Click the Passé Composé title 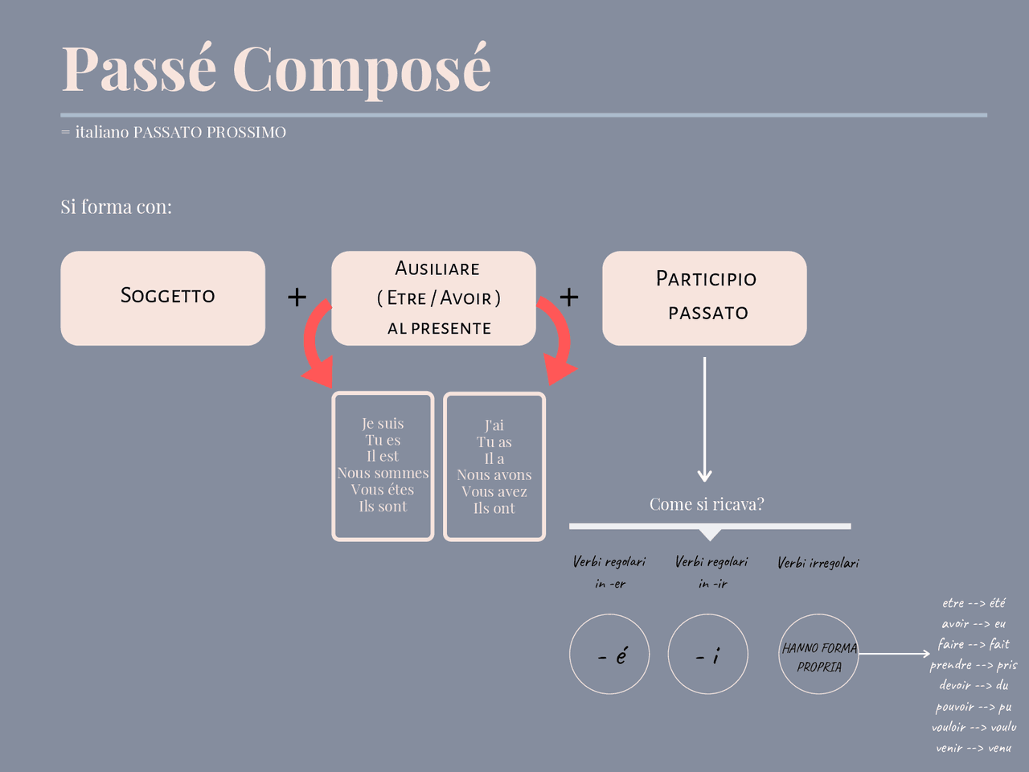pyautogui.click(x=276, y=69)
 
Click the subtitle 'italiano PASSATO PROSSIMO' pyautogui.click(x=180, y=133)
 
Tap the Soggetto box pyautogui.click(x=162, y=298)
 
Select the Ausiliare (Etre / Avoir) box pyautogui.click(x=434, y=298)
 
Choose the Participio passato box pyautogui.click(x=704, y=298)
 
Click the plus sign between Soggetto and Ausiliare pyautogui.click(x=297, y=298)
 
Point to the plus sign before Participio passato pyautogui.click(x=569, y=298)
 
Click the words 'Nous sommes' pyautogui.click(x=383, y=474)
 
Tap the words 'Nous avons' pyautogui.click(x=494, y=475)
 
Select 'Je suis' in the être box pyautogui.click(x=383, y=424)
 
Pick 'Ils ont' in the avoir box pyautogui.click(x=494, y=508)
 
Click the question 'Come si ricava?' pyautogui.click(x=707, y=504)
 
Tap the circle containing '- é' pyautogui.click(x=609, y=654)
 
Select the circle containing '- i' pyautogui.click(x=708, y=654)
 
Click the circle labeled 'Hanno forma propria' pyautogui.click(x=819, y=655)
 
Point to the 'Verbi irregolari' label pyautogui.click(x=818, y=563)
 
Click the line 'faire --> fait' pyautogui.click(x=974, y=644)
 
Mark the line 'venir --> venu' pyautogui.click(x=974, y=748)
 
